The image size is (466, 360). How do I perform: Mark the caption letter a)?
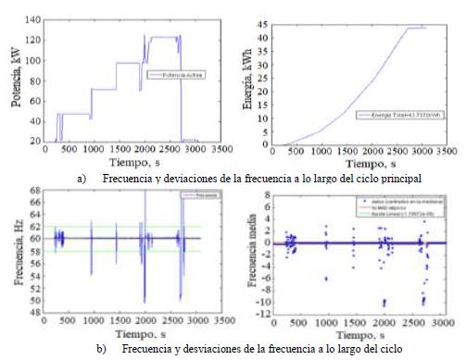pyautogui.click(x=84, y=176)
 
